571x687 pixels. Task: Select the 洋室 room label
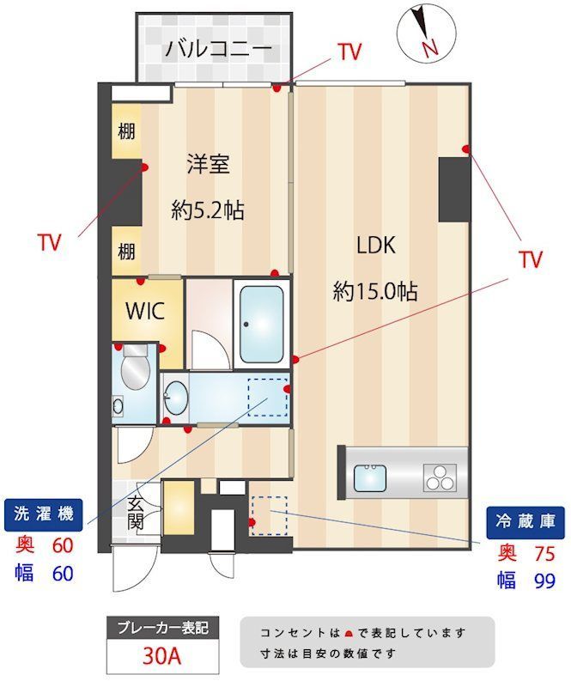point(208,164)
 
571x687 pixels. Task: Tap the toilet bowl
point(135,374)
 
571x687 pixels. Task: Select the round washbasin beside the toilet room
point(177,398)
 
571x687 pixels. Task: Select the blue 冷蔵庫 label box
point(526,520)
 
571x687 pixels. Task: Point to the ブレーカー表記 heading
point(161,628)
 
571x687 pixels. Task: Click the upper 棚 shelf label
point(126,132)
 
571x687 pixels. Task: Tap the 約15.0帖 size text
point(375,292)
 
